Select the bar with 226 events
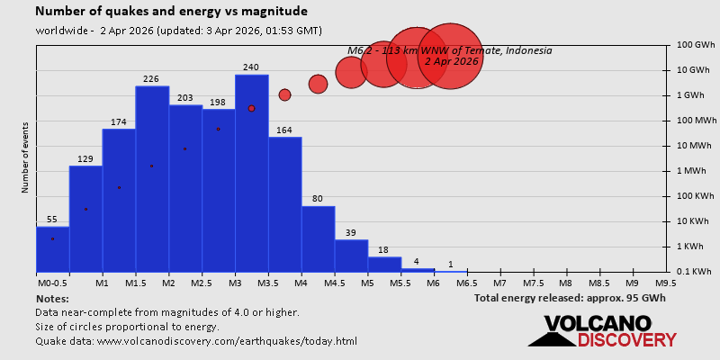coord(151,180)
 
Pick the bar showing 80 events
coord(318,238)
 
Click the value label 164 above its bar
coord(284,130)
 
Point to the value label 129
coord(85,159)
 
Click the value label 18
coord(383,250)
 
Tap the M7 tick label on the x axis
coord(500,283)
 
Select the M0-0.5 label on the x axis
coord(52,283)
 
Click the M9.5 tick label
coord(666,283)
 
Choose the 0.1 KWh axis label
coord(696,272)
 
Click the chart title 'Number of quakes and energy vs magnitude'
coord(171,12)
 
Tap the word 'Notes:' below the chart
coord(52,298)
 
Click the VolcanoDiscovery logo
coord(603,331)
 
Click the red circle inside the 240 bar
coord(251,108)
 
